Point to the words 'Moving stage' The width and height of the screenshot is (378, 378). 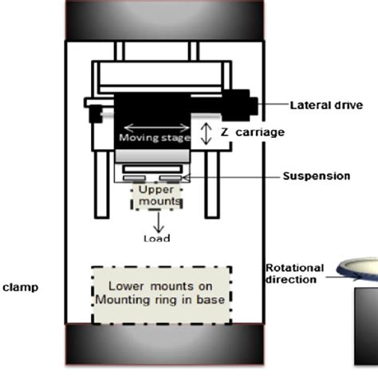click(154, 137)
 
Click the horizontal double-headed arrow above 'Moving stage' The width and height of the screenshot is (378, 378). click(155, 125)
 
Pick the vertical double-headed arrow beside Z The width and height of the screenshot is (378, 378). click(204, 132)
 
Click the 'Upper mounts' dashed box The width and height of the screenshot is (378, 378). click(156, 197)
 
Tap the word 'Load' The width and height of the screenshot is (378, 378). click(156, 238)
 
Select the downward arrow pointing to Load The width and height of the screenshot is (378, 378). click(156, 222)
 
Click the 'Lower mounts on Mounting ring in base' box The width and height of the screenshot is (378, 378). click(162, 294)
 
